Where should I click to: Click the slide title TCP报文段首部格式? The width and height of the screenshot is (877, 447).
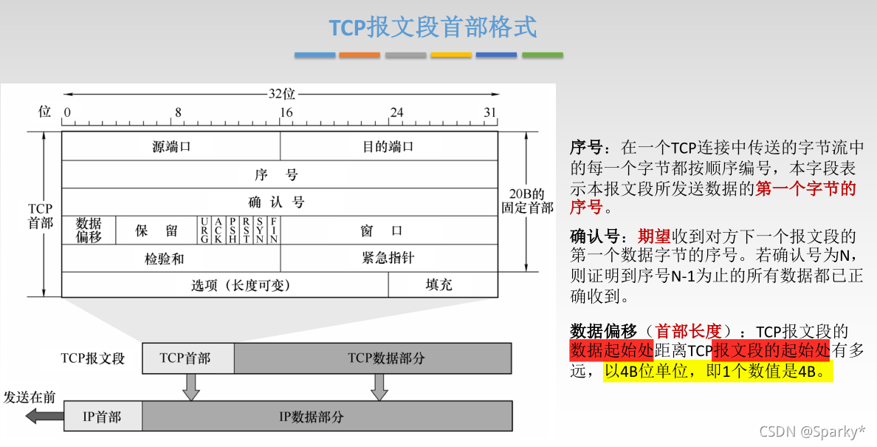pyautogui.click(x=433, y=27)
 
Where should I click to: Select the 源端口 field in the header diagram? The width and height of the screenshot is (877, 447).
pyautogui.click(x=171, y=146)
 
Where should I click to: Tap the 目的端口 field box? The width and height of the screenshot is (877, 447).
pyautogui.click(x=388, y=146)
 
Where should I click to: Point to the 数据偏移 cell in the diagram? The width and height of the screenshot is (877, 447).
pyautogui.click(x=89, y=230)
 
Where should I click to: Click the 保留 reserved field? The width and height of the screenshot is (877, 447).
pyautogui.click(x=157, y=231)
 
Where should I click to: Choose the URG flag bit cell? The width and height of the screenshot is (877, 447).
pyautogui.click(x=204, y=230)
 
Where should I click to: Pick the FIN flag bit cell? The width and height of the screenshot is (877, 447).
pyautogui.click(x=274, y=230)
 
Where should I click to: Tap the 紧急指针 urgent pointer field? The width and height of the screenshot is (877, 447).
pyautogui.click(x=388, y=258)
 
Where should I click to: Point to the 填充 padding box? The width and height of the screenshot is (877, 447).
pyautogui.click(x=439, y=285)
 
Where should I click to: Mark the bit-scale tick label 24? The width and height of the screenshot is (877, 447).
pyautogui.click(x=396, y=112)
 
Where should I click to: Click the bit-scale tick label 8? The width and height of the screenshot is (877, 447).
pyautogui.click(x=177, y=112)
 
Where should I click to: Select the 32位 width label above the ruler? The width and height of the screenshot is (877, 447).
pyautogui.click(x=281, y=94)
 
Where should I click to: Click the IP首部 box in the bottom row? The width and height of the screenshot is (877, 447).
pyautogui.click(x=103, y=417)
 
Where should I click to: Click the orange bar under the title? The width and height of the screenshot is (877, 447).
pyautogui.click(x=360, y=55)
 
